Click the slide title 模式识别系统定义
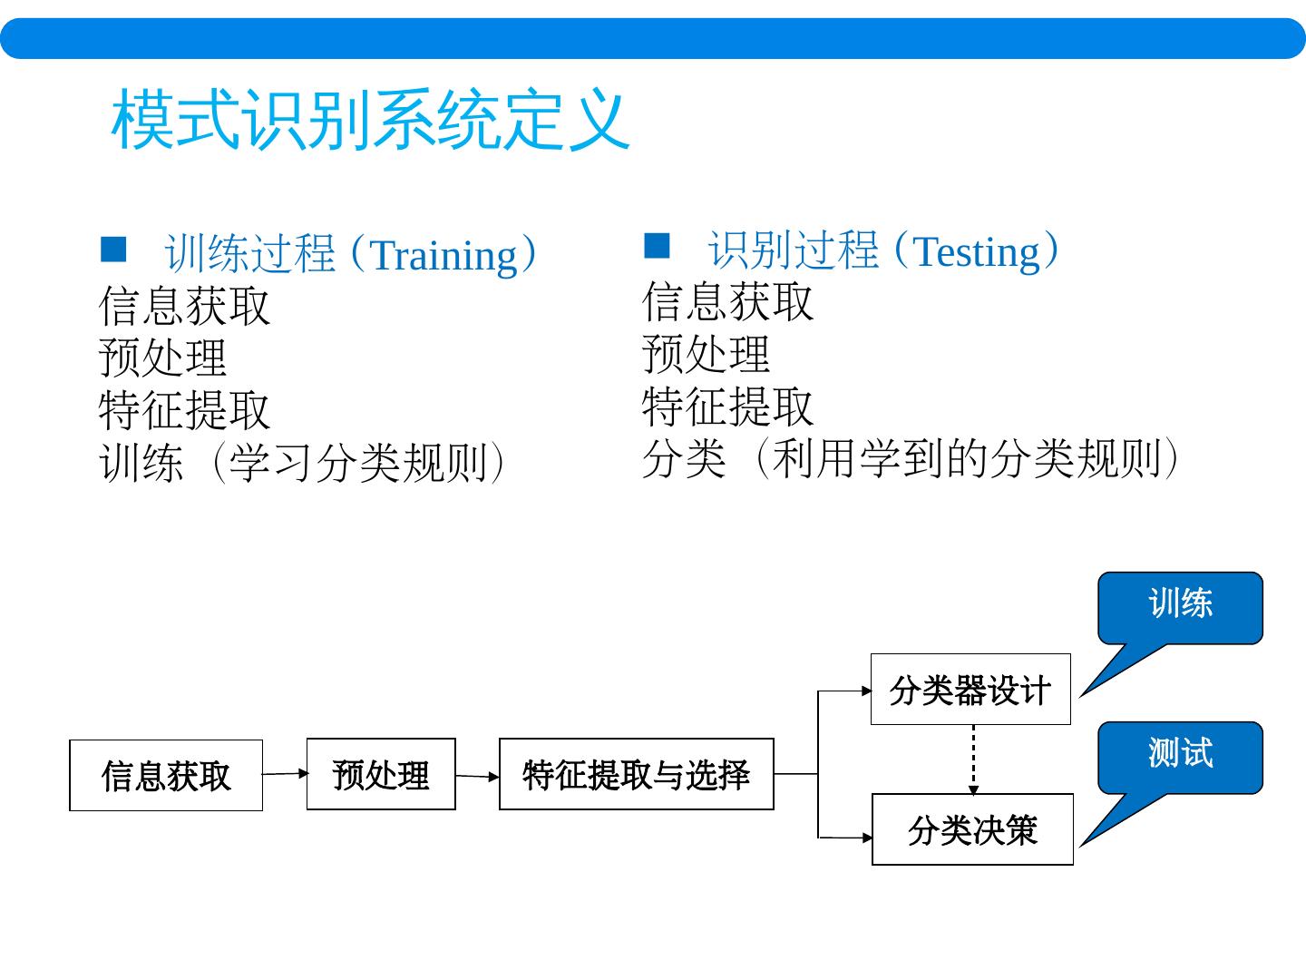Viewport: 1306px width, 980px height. tap(370, 120)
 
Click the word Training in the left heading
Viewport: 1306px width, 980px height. tap(443, 255)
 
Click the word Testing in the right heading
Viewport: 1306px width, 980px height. tap(976, 251)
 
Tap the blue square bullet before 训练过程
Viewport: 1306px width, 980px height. tap(113, 250)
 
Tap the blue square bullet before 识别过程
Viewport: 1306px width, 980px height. tap(656, 245)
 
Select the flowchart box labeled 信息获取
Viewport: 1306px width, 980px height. tap(166, 775)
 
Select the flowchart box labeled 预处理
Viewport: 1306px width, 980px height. tap(381, 774)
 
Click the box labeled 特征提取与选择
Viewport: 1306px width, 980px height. tap(636, 774)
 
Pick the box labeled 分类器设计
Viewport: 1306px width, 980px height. tap(970, 690)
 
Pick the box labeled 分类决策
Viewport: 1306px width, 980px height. tap(972, 829)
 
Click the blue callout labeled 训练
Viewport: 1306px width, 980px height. tap(1180, 606)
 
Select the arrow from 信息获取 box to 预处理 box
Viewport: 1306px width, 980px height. tap(285, 774)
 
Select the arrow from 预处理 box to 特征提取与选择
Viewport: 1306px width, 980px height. tap(477, 776)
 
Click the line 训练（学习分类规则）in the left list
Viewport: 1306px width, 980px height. tap(302, 463)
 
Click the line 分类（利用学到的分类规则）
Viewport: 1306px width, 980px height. tap(911, 458)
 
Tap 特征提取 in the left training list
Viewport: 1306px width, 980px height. tap(184, 410)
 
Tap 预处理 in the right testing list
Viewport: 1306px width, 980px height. tap(706, 354)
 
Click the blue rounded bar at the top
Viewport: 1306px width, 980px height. tap(653, 38)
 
